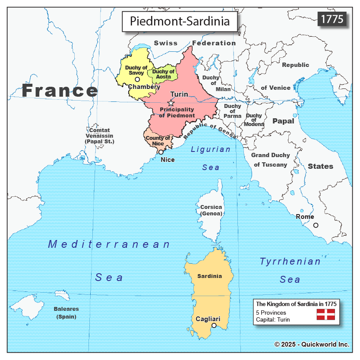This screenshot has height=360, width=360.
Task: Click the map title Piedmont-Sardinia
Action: [180, 21]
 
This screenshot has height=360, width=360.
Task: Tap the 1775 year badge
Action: [332, 19]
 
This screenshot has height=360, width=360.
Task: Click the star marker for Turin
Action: [171, 103]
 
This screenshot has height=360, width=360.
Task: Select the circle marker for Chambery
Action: [137, 79]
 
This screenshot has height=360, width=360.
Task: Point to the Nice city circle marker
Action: [161, 152]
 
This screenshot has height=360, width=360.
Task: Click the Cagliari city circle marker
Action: [213, 325]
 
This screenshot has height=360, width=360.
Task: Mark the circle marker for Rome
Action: [316, 225]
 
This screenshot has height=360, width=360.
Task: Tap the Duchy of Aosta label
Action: [164, 74]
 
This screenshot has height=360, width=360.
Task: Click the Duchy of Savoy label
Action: [136, 70]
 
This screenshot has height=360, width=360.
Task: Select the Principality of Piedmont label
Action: [177, 113]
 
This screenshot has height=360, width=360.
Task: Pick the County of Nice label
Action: [157, 141]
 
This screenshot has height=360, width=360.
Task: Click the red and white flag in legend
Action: [325, 314]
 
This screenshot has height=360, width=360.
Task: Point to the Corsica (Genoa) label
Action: [211, 210]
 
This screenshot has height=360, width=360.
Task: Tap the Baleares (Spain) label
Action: [66, 313]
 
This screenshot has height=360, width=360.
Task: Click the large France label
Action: [60, 91]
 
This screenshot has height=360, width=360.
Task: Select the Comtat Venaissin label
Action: [99, 136]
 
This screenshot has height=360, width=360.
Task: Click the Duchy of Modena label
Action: [254, 120]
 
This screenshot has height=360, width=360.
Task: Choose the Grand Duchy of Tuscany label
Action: [270, 160]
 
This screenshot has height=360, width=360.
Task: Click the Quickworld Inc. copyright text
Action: [312, 344]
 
